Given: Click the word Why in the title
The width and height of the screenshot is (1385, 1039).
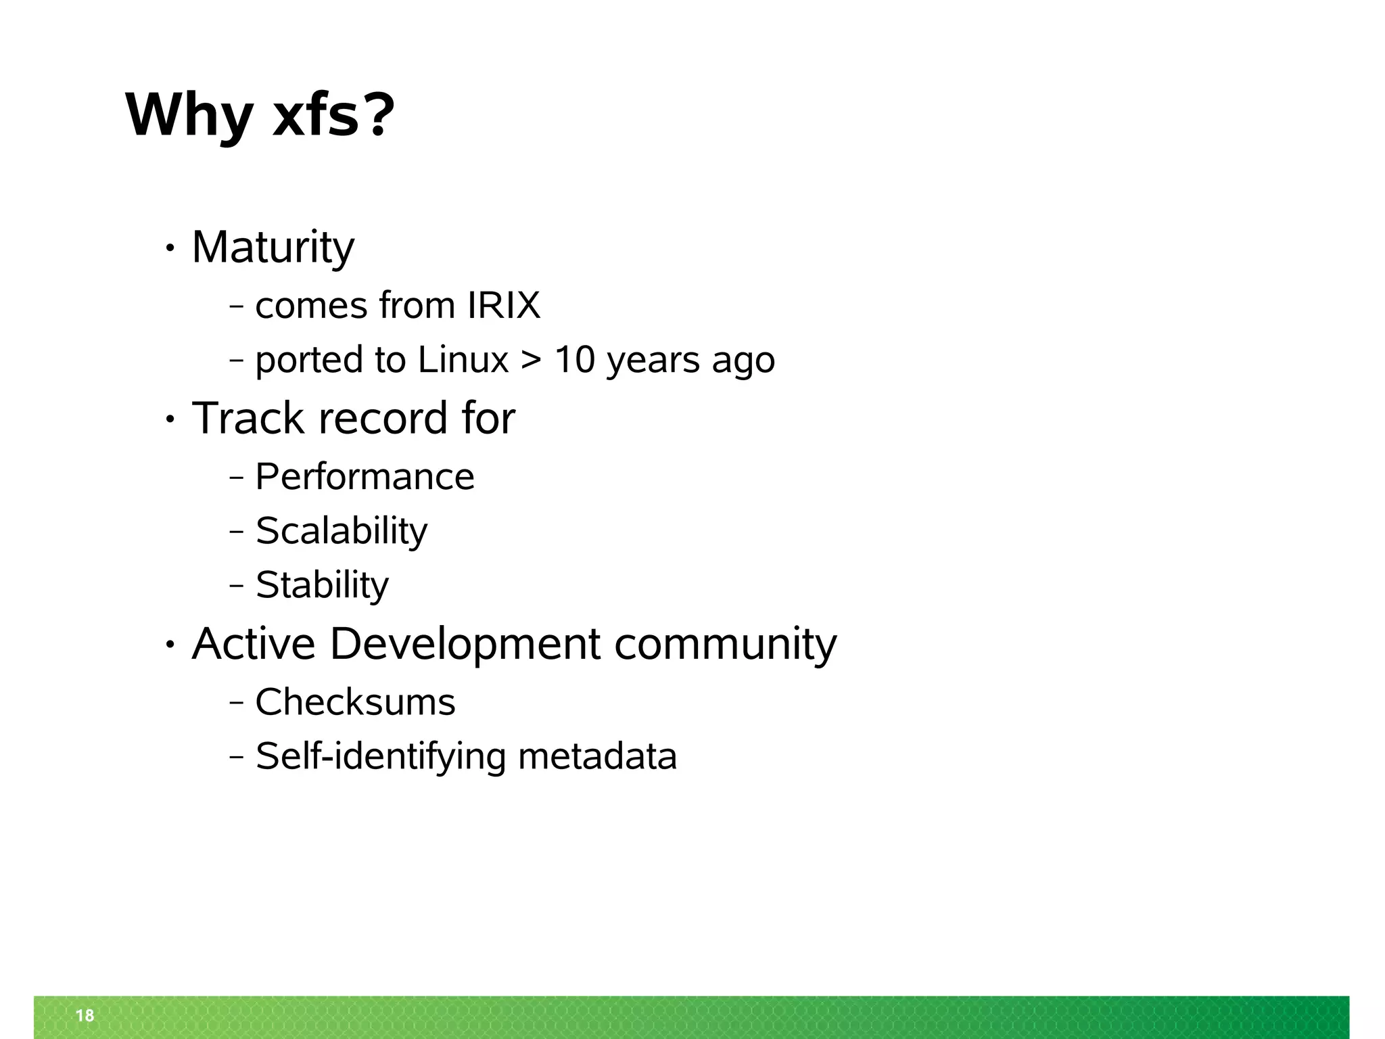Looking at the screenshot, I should tap(189, 116).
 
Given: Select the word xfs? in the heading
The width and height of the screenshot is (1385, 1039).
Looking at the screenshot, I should tap(333, 116).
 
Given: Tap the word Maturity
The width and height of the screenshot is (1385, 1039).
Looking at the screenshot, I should tap(273, 248).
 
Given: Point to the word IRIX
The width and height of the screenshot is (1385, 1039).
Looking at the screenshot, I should tap(504, 305).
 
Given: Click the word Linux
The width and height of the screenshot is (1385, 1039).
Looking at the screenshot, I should tap(463, 359).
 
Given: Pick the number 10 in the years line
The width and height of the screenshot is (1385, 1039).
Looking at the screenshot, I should tap(574, 359).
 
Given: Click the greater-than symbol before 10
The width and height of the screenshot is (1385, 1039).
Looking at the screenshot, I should tap(532, 361).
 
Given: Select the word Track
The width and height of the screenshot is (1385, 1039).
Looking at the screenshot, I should tap(248, 418).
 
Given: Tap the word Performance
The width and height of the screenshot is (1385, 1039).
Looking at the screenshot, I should tap(365, 477).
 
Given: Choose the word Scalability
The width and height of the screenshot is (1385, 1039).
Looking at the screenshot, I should tap(341, 531).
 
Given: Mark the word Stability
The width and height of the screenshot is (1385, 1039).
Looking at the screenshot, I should tap(322, 585).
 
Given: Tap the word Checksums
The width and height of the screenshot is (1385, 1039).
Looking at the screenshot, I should tap(355, 702).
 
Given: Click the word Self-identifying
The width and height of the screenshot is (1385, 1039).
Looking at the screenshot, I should tap(380, 756).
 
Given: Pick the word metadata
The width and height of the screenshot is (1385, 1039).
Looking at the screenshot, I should tap(597, 756).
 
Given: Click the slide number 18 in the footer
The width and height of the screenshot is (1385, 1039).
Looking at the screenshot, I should tap(85, 1015).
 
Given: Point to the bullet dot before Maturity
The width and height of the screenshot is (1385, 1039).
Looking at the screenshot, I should tap(170, 250).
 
